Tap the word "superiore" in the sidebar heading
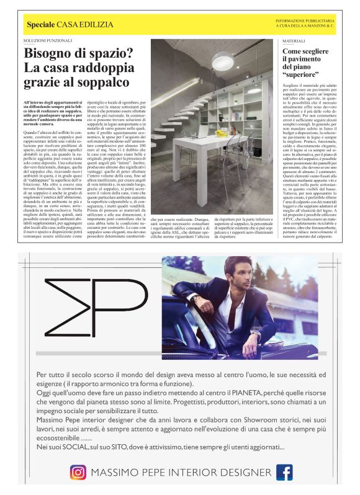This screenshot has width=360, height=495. click(303, 73)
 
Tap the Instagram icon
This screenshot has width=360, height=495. click(77, 472)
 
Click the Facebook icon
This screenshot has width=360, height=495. click(284, 472)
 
